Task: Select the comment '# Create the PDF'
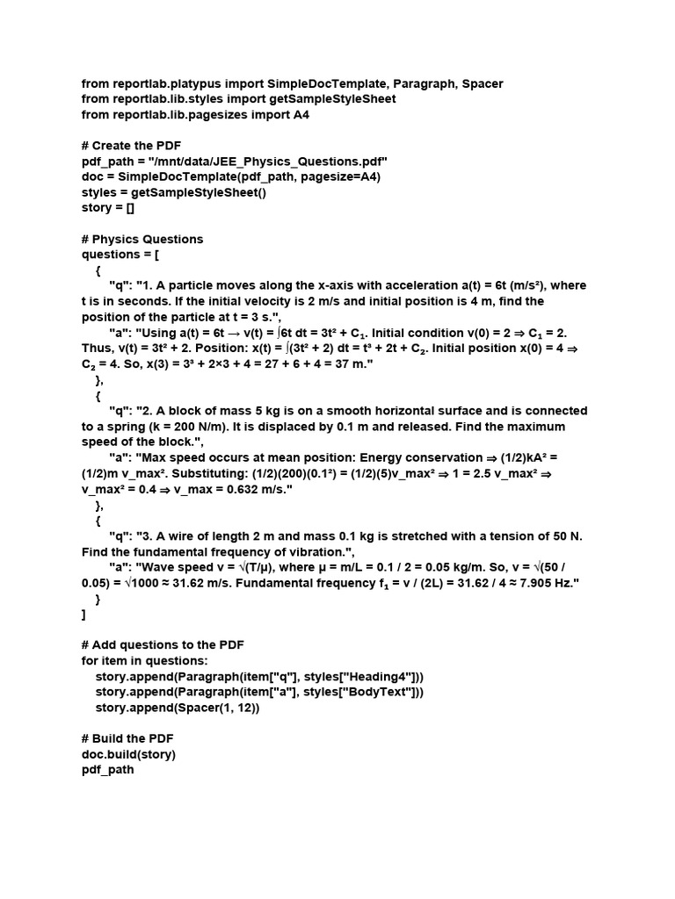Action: (x=132, y=146)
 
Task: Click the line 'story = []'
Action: (x=109, y=208)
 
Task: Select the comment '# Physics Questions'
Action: (x=142, y=240)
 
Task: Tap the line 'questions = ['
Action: (x=120, y=255)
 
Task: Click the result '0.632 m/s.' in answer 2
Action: (x=260, y=489)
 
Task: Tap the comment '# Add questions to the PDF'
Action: (x=163, y=645)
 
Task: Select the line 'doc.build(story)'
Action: (x=128, y=754)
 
